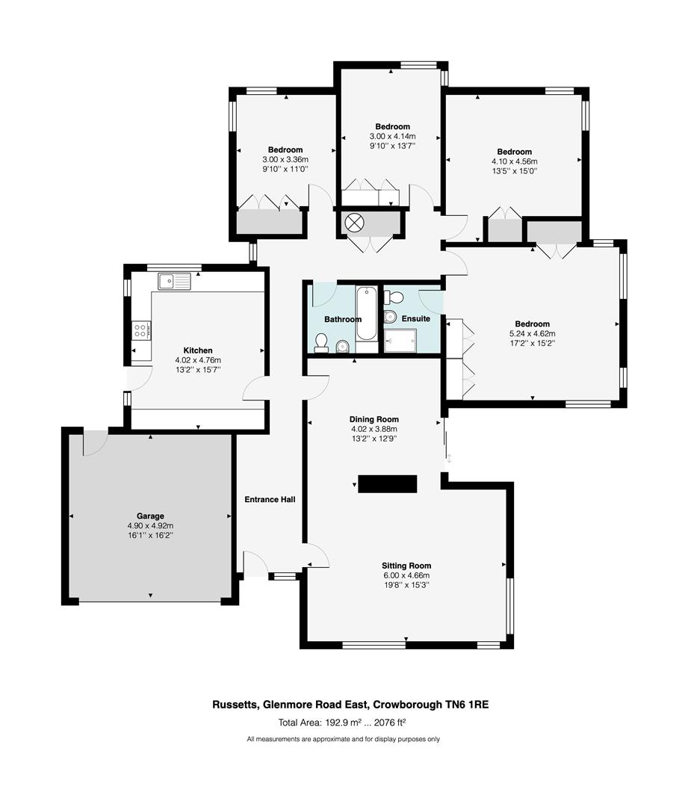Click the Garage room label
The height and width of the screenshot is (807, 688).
coord(150,516)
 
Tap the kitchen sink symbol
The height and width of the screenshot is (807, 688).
coord(174,281)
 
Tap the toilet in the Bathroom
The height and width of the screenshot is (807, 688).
coord(321,343)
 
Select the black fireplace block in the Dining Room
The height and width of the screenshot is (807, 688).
coord(387,484)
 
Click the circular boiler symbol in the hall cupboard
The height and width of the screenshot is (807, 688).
coord(353,222)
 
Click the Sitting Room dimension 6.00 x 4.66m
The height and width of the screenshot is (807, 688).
coord(406,575)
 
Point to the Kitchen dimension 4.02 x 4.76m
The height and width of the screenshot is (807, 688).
coord(198,359)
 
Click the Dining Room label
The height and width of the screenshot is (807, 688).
coord(374,419)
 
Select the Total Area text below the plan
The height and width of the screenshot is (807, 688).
coord(342,722)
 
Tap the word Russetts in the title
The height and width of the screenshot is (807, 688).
coord(232,704)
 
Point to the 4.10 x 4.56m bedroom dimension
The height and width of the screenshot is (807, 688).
coord(514,161)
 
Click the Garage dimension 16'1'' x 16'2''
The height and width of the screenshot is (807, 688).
coord(150,535)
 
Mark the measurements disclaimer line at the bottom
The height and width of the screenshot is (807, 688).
coord(344,739)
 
